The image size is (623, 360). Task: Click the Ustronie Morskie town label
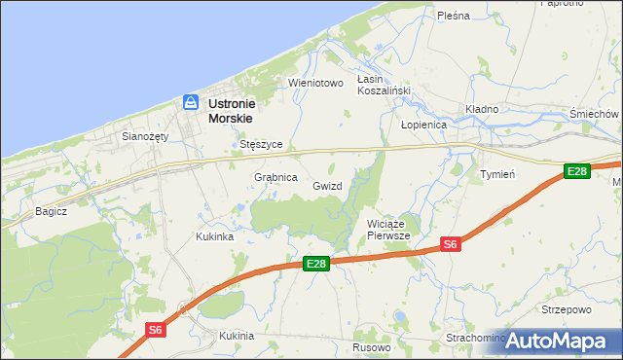(x=241, y=110)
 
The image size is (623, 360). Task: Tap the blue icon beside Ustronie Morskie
(x=191, y=102)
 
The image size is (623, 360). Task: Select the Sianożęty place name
(x=145, y=136)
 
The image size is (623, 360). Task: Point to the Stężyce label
(x=261, y=144)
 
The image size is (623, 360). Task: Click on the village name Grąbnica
(x=275, y=178)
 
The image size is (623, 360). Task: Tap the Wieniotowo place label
(x=316, y=83)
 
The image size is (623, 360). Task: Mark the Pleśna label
(x=454, y=16)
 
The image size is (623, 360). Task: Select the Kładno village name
(x=482, y=109)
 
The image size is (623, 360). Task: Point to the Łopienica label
(x=423, y=126)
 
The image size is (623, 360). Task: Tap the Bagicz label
(x=51, y=210)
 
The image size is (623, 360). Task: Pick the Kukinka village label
(x=214, y=236)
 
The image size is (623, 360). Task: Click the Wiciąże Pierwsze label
(x=389, y=230)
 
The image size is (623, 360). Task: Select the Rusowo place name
(x=372, y=347)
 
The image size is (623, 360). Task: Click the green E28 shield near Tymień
(x=577, y=171)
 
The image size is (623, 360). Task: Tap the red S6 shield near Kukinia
(x=156, y=330)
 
